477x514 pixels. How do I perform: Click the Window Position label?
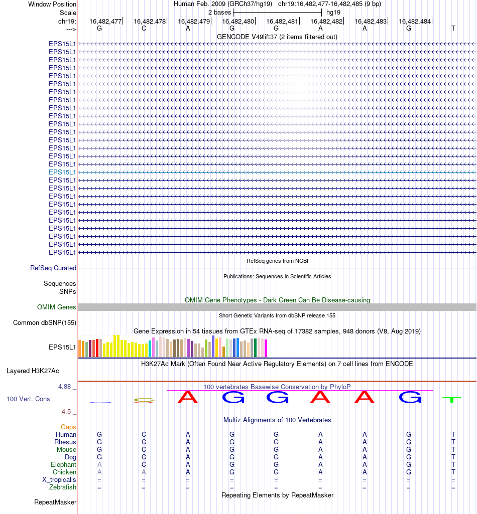tap(52, 4)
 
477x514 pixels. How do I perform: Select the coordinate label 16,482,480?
tap(238, 21)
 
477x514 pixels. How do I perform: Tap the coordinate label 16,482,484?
tap(415, 21)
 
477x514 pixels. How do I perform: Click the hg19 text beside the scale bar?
tap(333, 12)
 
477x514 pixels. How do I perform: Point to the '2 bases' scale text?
tap(219, 12)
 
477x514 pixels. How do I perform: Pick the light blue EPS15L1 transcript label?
tap(62, 172)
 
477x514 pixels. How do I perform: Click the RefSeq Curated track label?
tap(53, 268)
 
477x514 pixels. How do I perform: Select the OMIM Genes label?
tap(57, 307)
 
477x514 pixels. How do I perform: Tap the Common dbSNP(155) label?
tap(45, 323)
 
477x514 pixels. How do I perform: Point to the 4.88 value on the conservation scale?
tap(65, 387)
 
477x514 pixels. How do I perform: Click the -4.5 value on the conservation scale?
tap(65, 412)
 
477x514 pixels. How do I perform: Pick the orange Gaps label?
tap(68, 427)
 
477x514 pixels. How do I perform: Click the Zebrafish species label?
tap(63, 487)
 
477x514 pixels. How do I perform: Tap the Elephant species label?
tap(64, 465)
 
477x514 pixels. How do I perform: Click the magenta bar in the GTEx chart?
tap(266, 349)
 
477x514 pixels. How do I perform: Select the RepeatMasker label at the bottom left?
tap(55, 502)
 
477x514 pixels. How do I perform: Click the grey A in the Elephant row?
tap(99, 465)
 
